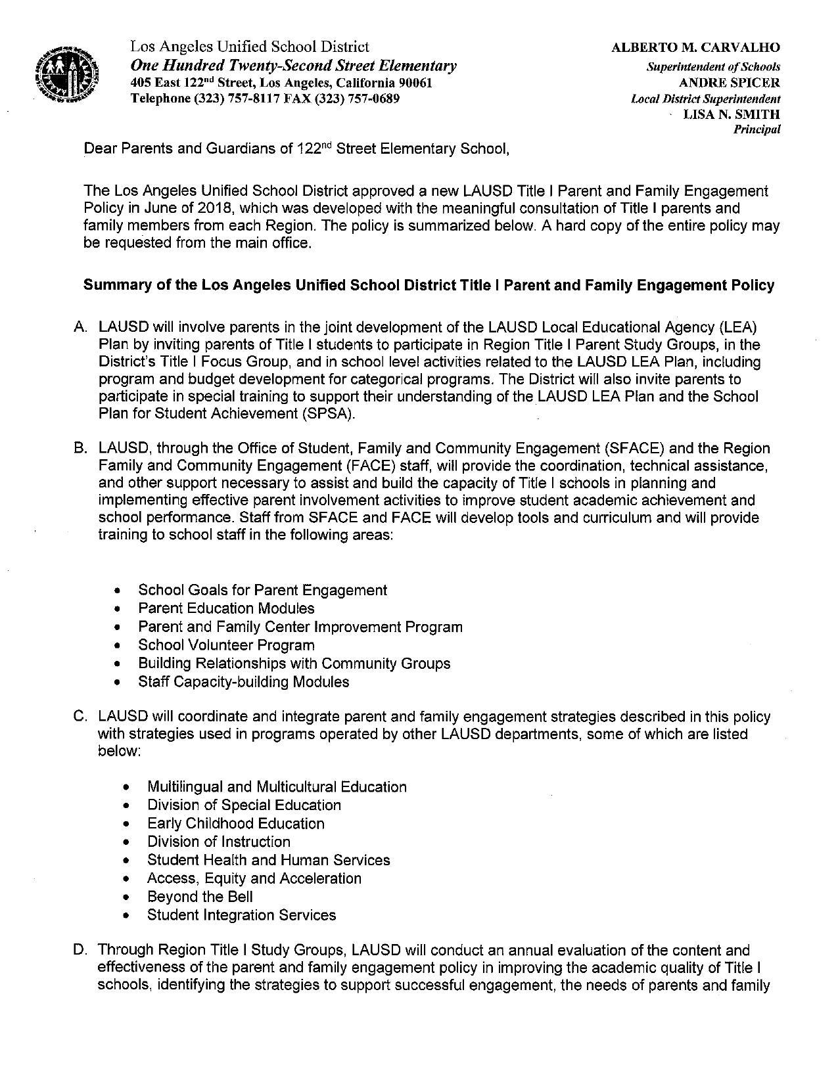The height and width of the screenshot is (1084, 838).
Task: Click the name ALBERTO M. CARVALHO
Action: (696, 47)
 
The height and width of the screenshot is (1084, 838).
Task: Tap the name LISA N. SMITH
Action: (732, 114)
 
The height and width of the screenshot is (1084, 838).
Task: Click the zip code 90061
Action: (414, 83)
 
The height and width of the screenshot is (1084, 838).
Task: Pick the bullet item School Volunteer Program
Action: (226, 645)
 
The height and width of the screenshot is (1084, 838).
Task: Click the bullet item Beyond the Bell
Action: (200, 897)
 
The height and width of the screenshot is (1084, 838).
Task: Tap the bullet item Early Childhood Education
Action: (235, 823)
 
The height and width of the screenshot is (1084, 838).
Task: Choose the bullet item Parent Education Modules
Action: (226, 608)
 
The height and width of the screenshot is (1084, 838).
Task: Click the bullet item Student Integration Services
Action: (241, 915)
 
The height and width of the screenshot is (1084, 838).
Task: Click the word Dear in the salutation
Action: (97, 149)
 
